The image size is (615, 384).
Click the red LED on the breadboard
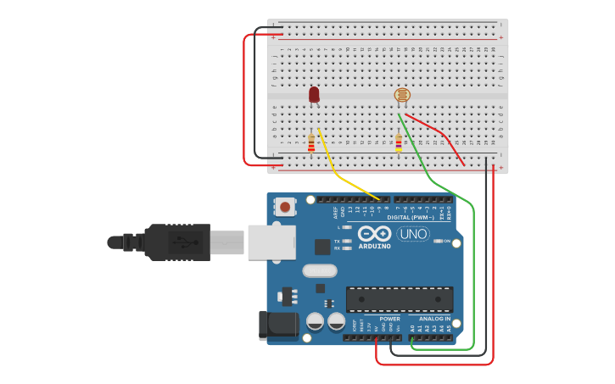point(314,94)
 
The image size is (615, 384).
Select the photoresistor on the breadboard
point(402,96)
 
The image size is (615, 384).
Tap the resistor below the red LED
point(311,143)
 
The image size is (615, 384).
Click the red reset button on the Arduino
point(286,206)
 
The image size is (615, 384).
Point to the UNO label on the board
point(413,234)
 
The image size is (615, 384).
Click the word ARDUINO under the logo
point(374,247)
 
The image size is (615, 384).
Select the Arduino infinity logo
point(374,233)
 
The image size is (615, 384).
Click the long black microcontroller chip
point(399,299)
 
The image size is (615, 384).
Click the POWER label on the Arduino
point(389,319)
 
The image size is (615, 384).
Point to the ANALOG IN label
point(435,319)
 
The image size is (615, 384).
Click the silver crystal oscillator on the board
point(319,271)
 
